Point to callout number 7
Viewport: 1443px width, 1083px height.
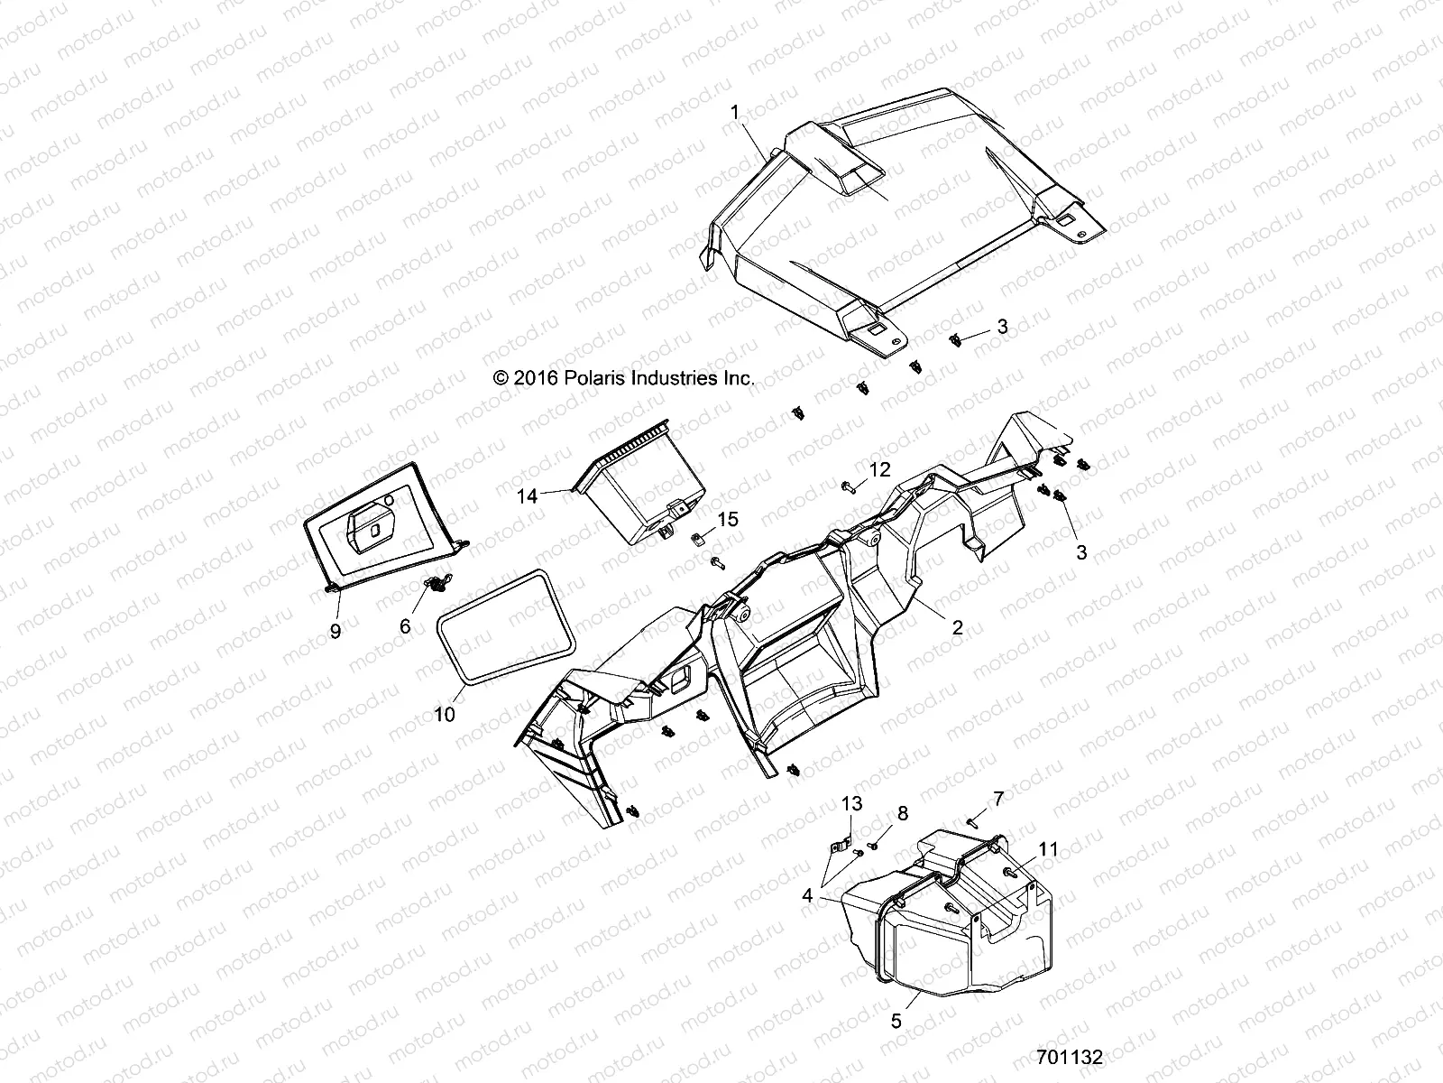[x=998, y=798]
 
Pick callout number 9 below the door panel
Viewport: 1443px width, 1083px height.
[x=335, y=631]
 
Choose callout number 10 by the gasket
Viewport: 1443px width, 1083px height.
[x=445, y=713]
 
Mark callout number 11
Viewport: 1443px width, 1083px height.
[x=1048, y=849]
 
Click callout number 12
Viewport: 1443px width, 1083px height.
[x=879, y=469]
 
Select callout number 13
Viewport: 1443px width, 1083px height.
[x=852, y=803]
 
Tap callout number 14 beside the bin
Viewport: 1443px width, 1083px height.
[x=528, y=495]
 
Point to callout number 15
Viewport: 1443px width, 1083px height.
[x=728, y=519]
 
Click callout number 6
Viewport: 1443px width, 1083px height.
[x=405, y=625]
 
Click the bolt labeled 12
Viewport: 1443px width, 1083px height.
[x=849, y=488]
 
